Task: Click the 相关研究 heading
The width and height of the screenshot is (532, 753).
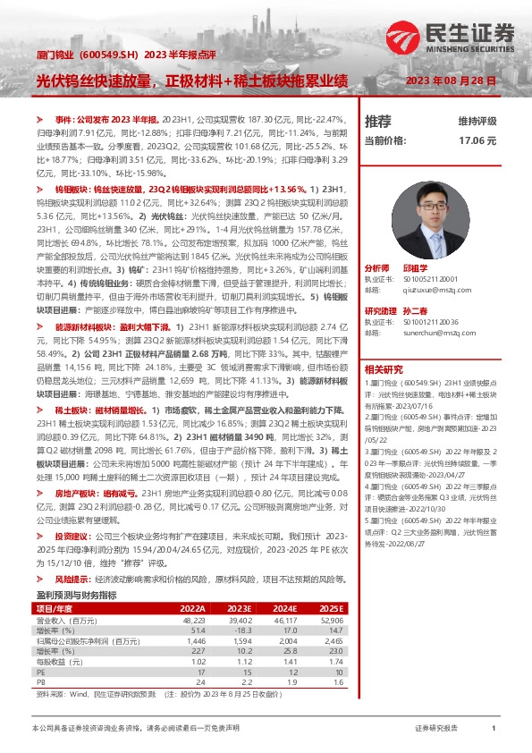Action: (x=384, y=368)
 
